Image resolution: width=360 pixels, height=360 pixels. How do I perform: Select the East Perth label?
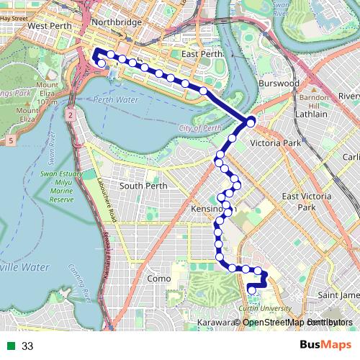pos(199,54)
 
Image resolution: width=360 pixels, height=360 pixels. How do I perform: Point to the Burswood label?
pos(278,84)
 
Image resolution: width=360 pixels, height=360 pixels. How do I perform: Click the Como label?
pos(158,279)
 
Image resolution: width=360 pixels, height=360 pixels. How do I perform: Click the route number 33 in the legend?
pos(27,346)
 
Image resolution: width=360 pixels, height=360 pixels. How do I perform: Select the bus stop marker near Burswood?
pos(251,122)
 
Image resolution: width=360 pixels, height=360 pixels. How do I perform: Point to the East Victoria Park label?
pos(307,202)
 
